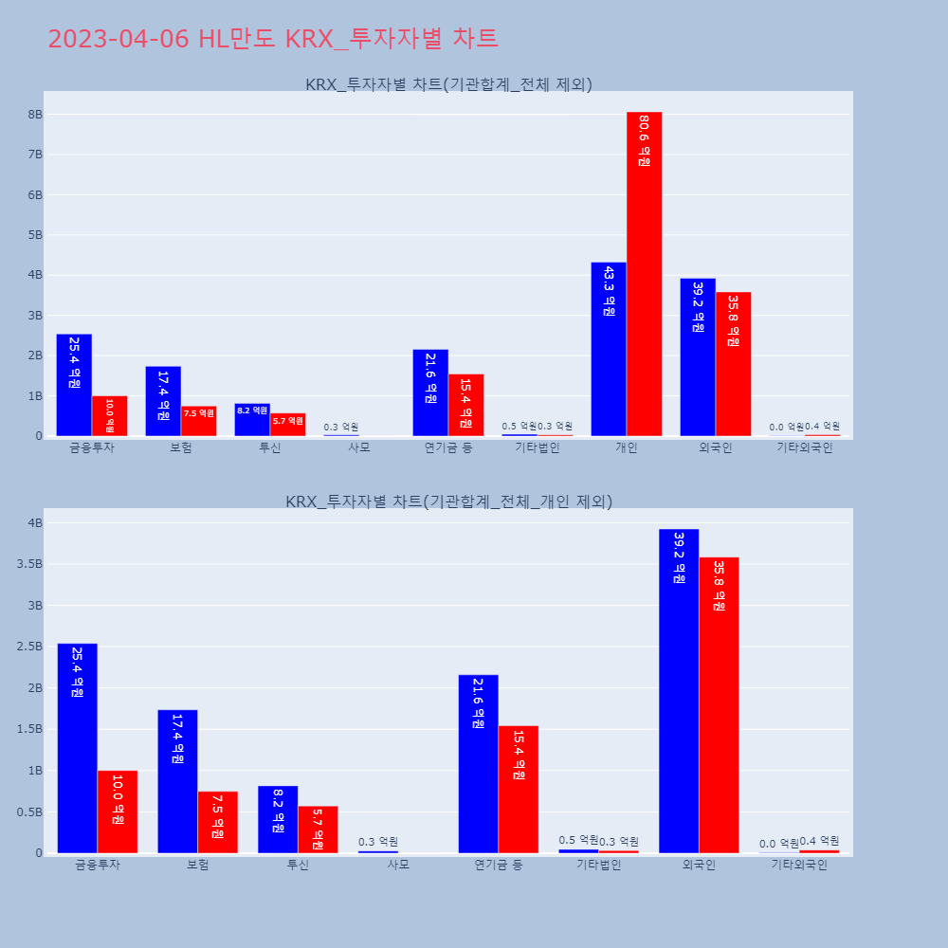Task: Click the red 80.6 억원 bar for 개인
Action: tap(644, 274)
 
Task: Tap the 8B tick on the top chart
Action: tap(35, 114)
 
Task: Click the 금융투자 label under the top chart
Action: tap(92, 447)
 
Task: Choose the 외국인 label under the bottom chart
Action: tap(699, 865)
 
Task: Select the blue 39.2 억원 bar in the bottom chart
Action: tap(679, 691)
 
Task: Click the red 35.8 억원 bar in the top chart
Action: tap(733, 364)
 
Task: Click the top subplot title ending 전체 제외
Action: tap(448, 84)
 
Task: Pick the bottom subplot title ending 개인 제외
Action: tap(448, 501)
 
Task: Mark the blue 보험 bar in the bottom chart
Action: tap(177, 781)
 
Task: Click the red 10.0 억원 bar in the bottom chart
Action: tap(118, 811)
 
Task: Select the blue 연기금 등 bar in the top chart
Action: tap(430, 392)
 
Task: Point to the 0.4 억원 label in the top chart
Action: tap(822, 427)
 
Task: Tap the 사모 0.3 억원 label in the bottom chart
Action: tap(378, 842)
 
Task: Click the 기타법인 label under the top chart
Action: tap(538, 447)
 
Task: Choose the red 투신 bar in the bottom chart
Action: tap(318, 829)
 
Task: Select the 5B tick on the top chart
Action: tap(35, 235)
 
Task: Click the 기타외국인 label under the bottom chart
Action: tap(799, 865)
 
